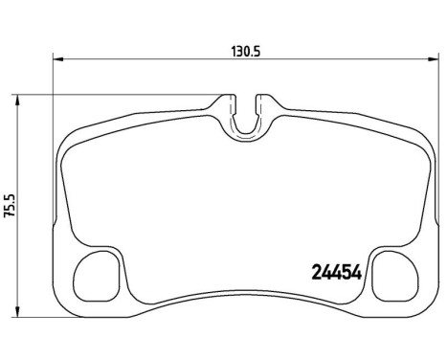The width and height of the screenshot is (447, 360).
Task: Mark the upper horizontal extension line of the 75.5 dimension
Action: [115, 95]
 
